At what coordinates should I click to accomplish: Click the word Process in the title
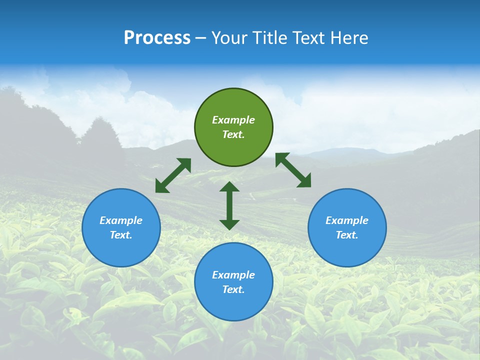(x=157, y=38)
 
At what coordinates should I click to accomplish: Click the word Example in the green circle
(x=233, y=120)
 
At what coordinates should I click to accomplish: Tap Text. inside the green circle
(x=233, y=134)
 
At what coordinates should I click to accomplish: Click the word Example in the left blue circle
(x=121, y=220)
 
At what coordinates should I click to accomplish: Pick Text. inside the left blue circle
(x=121, y=235)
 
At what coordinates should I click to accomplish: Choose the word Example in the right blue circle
(x=347, y=220)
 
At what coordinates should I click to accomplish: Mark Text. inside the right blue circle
(x=347, y=235)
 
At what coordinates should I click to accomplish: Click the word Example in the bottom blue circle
(x=233, y=275)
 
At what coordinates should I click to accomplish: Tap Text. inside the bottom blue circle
(x=233, y=289)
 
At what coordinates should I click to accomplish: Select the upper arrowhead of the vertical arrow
(x=229, y=187)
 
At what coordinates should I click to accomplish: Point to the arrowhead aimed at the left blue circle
(x=161, y=186)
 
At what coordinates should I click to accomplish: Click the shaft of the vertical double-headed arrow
(x=229, y=205)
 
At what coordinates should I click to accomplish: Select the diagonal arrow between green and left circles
(x=173, y=175)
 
